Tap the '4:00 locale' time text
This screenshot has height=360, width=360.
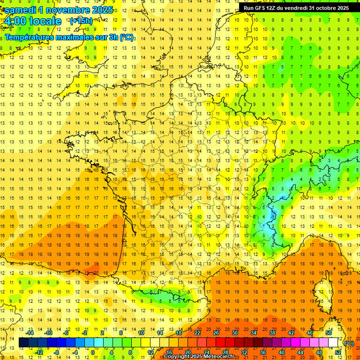pyautogui.click(x=32, y=21)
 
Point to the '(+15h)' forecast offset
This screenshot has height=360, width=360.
pyautogui.click(x=81, y=21)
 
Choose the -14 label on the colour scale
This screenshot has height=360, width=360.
pyautogui.click(x=30, y=333)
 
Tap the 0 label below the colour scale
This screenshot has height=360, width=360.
pyautogui.click(x=92, y=352)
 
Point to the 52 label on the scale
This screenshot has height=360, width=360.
pyautogui.click(x=338, y=352)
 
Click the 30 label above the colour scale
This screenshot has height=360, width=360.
pyautogui.click(x=234, y=333)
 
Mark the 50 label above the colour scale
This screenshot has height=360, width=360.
pyautogui.click(x=329, y=333)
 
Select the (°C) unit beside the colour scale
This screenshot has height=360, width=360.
pyautogui.click(x=349, y=343)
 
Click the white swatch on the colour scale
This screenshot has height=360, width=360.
pyautogui.click(x=333, y=343)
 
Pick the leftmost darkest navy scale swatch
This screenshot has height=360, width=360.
pyautogui.click(x=23, y=343)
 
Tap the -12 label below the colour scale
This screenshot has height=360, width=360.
pyautogui.click(x=39, y=352)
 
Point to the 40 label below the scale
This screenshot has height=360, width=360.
pyautogui.click(x=281, y=352)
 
